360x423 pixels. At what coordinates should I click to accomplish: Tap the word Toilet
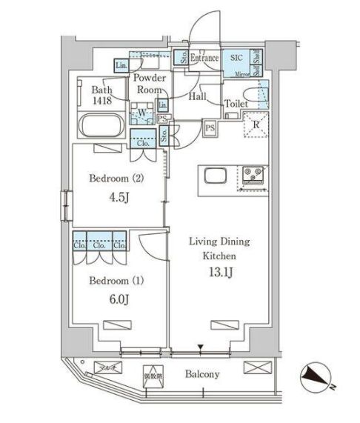(236, 105)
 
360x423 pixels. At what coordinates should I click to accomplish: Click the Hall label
(197, 96)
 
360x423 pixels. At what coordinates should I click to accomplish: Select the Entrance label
(204, 58)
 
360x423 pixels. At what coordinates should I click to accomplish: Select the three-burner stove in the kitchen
(254, 176)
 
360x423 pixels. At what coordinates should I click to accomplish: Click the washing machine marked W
(141, 115)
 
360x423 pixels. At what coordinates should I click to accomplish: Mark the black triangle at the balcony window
(200, 346)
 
